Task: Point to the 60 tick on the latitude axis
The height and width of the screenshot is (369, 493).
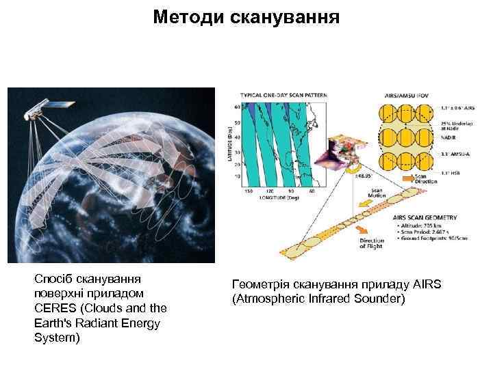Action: [x=237, y=107]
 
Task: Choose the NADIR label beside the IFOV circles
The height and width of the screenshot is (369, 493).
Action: [x=450, y=137]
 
